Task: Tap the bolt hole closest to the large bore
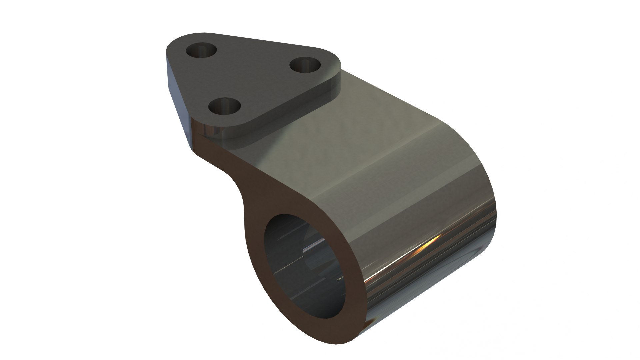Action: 224,107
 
